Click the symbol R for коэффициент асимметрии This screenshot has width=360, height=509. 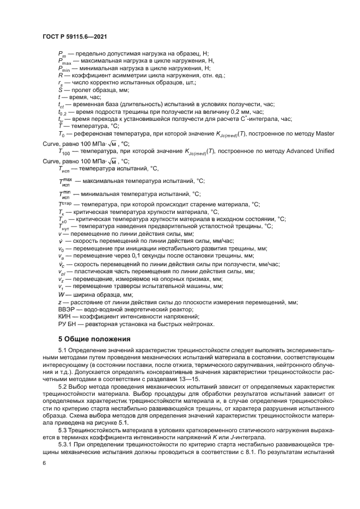click(x=60, y=75)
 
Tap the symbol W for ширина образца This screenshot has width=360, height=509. click(x=61, y=295)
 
